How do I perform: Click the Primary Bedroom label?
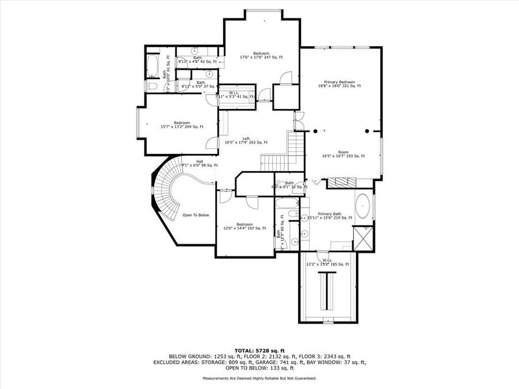pos(339,84)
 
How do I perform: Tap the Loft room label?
pos(246,141)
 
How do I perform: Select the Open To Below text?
pos(195,215)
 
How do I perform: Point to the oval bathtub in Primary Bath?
pos(363,205)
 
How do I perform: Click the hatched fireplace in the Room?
pos(342,183)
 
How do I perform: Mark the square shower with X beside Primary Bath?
pos(366,237)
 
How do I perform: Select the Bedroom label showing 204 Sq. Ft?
pos(182,124)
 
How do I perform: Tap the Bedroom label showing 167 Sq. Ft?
pos(244,226)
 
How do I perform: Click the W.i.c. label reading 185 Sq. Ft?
pos(328,262)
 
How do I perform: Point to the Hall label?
pos(200,163)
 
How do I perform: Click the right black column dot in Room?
pos(367,131)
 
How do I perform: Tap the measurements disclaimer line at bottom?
pos(259,378)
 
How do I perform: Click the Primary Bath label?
pos(329,215)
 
